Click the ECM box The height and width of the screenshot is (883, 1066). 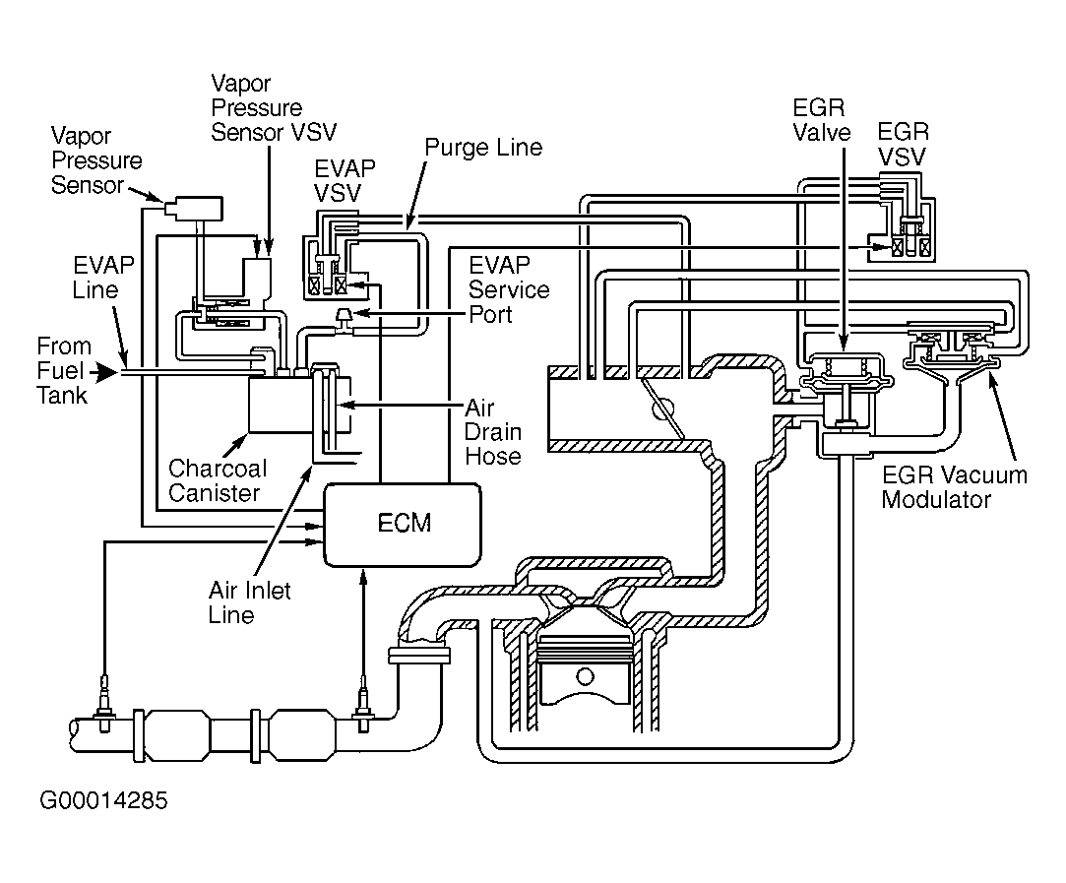coord(403,524)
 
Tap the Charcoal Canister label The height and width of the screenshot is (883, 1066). coord(217,480)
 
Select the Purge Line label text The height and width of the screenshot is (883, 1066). coord(483,147)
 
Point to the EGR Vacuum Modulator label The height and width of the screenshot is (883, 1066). coord(955,486)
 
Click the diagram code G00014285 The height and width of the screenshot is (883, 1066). coord(103,800)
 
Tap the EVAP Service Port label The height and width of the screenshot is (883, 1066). coord(509,289)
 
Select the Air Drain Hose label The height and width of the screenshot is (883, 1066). coord(493,431)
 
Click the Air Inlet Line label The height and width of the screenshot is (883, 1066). coord(249,602)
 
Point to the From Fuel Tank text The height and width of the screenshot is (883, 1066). coord(63,370)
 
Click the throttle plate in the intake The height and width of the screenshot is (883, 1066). coord(662,409)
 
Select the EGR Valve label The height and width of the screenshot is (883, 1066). coord(821,120)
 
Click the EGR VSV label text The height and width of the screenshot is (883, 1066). coord(903,144)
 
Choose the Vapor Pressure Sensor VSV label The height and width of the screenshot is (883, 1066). coord(274,107)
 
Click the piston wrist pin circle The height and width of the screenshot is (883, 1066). coord(585,676)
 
